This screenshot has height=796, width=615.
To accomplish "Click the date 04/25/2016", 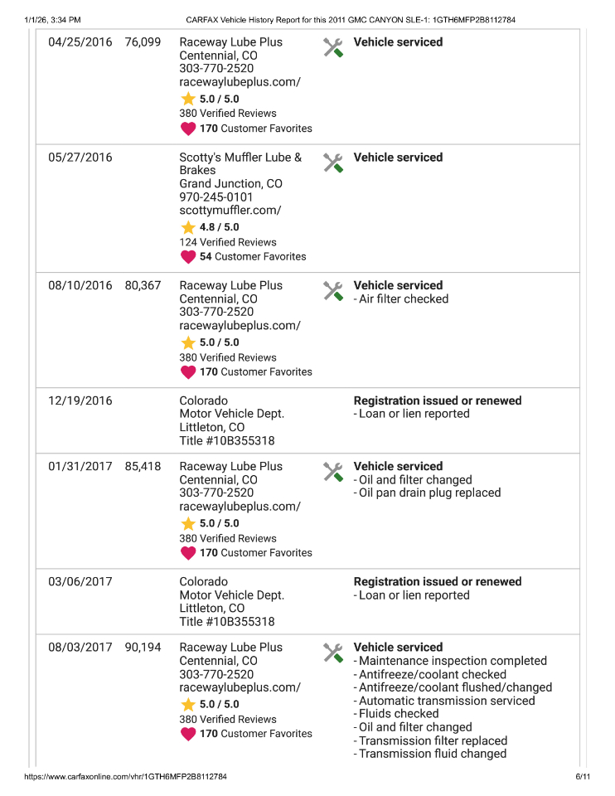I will tap(80, 42).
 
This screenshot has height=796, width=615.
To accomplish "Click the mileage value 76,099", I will tap(143, 42).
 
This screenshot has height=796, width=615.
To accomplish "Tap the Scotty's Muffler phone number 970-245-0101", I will tap(216, 197).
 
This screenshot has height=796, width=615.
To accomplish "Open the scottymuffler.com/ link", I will tap(230, 211).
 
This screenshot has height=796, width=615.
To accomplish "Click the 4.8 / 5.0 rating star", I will tap(188, 227).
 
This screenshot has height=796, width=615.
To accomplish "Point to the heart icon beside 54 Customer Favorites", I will tap(188, 257).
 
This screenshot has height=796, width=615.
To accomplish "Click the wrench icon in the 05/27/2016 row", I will tap(332, 163).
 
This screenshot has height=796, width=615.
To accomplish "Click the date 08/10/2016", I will tap(80, 285).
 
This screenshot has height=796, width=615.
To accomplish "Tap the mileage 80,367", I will tap(143, 285).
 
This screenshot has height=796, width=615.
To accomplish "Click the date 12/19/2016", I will tap(80, 400).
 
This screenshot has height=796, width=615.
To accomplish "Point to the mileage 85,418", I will tap(143, 466).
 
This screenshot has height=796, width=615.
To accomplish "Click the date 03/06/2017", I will tap(80, 581).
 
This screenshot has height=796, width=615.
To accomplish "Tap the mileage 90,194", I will tap(143, 647).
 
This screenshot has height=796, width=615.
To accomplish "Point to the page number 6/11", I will tap(582, 777).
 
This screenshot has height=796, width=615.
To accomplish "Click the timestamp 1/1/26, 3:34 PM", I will tap(53, 19).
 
